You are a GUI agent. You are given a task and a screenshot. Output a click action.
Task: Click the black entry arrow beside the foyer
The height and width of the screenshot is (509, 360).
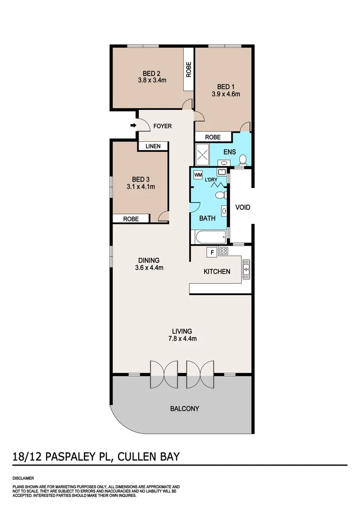click(133, 125)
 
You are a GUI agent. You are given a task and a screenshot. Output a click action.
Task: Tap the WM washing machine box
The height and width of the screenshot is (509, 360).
click(198, 174)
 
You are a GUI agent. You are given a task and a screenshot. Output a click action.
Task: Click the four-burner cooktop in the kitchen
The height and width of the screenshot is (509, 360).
click(223, 252)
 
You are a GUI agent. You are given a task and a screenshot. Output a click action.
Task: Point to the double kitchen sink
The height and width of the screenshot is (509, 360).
click(246, 269)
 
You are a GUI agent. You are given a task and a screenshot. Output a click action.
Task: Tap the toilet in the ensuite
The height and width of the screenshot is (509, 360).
click(242, 160)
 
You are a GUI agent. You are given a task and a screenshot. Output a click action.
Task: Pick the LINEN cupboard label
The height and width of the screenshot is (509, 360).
click(153, 146)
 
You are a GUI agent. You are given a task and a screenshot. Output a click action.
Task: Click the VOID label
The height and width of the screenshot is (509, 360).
click(243, 207)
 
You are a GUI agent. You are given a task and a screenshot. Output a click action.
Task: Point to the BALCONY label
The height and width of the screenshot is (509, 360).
click(184, 409)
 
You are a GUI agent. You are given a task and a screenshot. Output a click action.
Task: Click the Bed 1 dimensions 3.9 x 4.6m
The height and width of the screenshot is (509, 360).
click(226, 94)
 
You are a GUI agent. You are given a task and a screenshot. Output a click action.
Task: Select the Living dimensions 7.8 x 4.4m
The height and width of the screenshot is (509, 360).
click(182, 338)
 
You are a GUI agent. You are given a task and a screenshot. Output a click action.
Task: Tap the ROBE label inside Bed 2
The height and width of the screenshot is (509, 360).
click(188, 70)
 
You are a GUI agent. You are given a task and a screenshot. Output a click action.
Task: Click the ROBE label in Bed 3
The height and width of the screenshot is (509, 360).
click(131, 219)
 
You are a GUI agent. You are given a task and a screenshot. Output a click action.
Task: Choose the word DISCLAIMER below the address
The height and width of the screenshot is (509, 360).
click(23, 478)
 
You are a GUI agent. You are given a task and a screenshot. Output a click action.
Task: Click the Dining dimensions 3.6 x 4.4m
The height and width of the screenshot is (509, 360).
click(149, 268)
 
